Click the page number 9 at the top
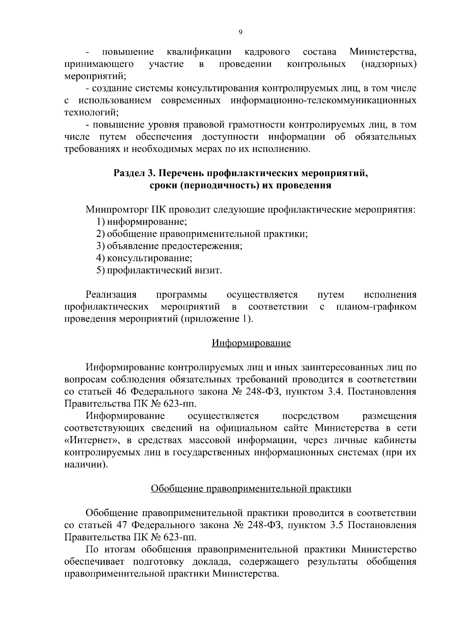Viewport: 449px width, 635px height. point(240,33)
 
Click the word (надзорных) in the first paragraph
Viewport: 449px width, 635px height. point(389,64)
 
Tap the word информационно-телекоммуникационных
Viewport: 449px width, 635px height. point(324,101)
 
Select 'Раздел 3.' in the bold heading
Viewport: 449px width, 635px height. point(134,174)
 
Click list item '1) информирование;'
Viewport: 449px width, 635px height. point(141,222)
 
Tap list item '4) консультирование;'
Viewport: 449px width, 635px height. point(144,258)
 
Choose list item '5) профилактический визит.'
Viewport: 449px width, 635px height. point(159,270)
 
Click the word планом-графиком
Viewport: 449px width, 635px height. point(376,307)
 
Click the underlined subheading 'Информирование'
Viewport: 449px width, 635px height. point(251,343)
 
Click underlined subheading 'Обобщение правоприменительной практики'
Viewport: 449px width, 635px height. point(251,488)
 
